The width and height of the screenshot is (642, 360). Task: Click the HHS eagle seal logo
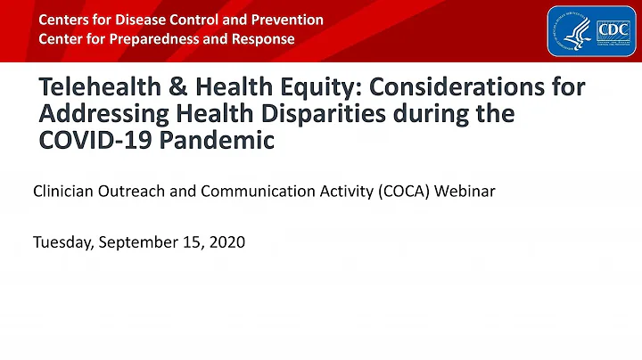(x=570, y=30)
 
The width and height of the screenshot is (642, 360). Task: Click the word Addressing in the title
(x=101, y=116)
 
